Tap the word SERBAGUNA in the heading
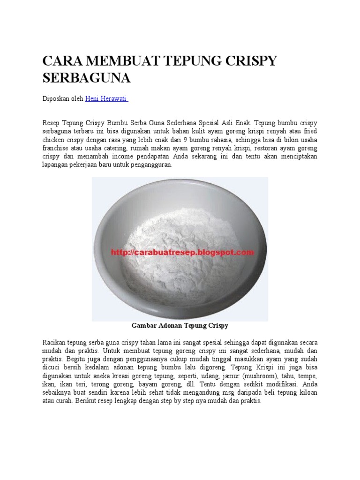click(86, 78)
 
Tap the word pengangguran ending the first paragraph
click(150, 165)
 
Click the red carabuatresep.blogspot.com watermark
click(182, 252)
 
